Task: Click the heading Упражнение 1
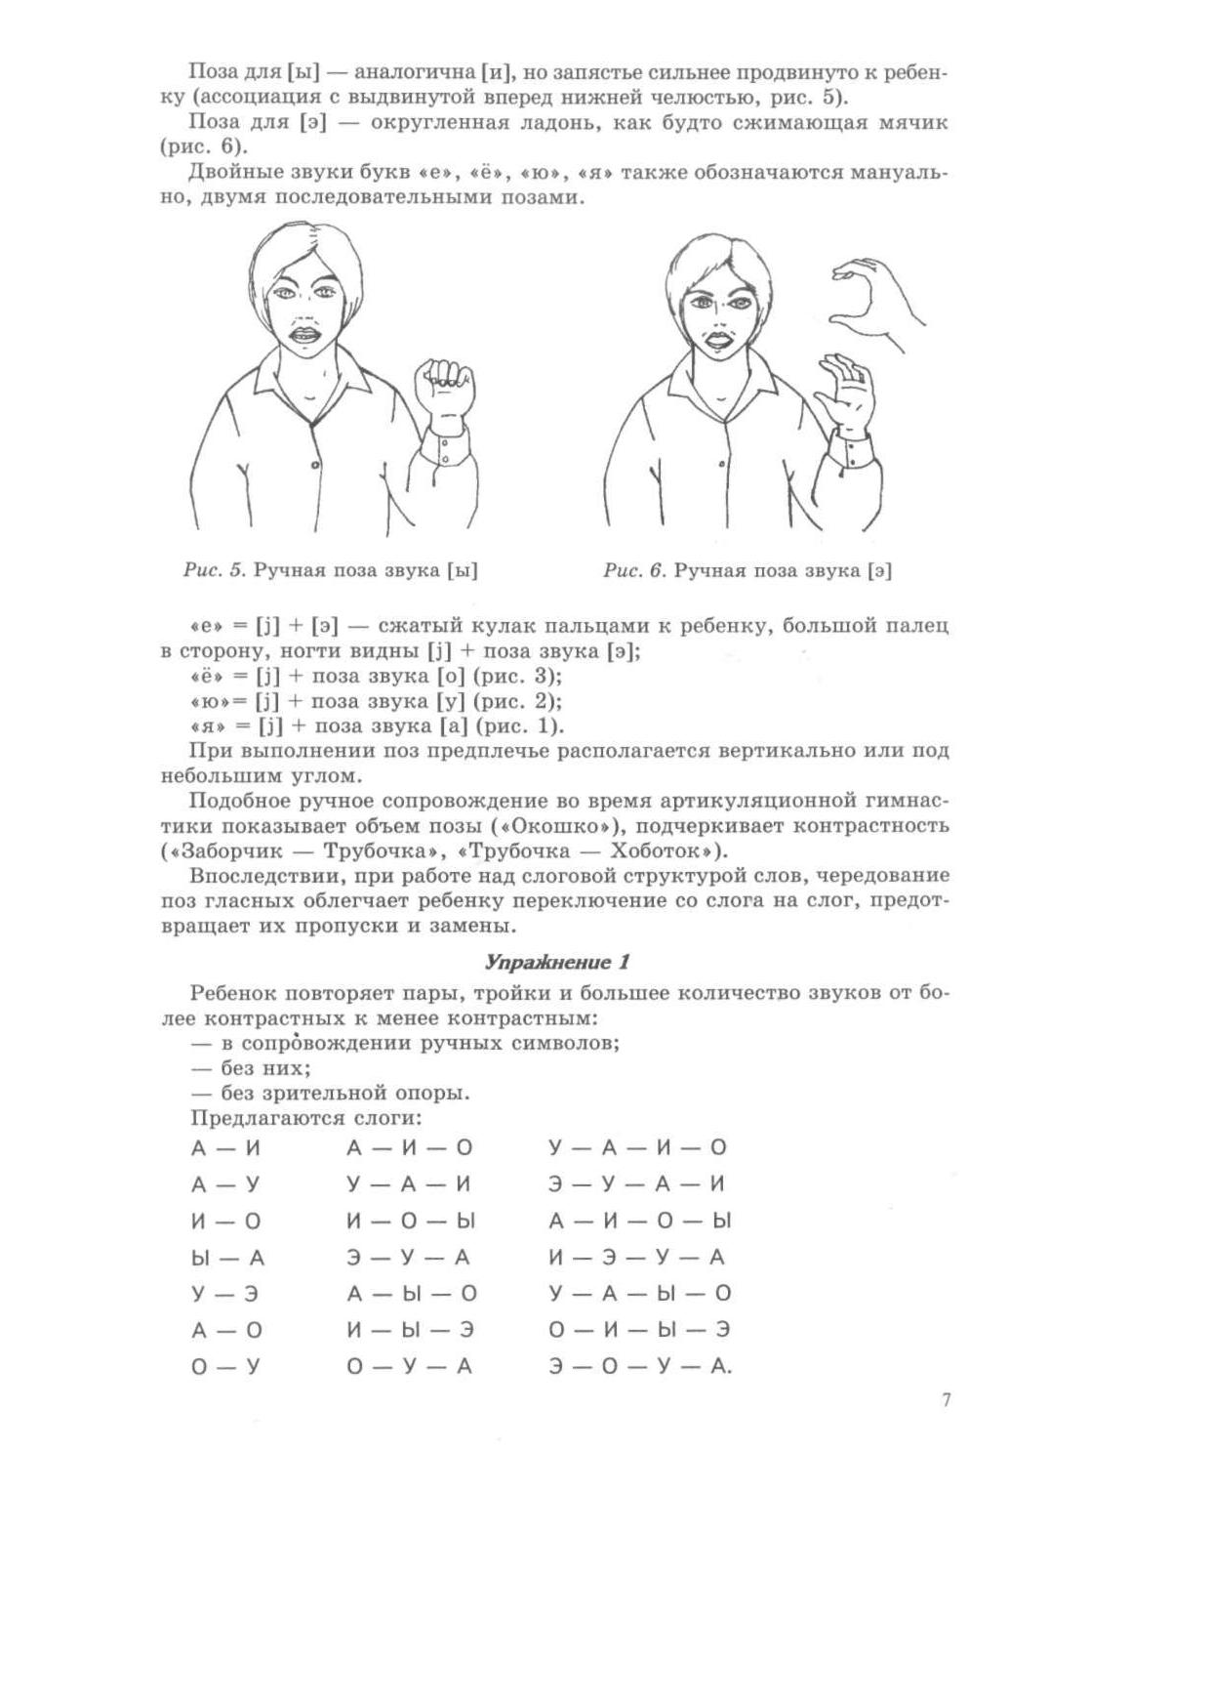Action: coord(557,962)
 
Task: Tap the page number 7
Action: coord(946,1400)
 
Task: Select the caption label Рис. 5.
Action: coord(216,570)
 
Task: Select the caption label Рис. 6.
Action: coord(634,570)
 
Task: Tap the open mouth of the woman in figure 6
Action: coord(715,344)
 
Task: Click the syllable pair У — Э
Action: coord(225,1294)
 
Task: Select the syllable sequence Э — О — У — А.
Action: coord(639,1367)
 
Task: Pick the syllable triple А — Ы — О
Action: coord(412,1294)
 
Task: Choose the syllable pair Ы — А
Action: coord(227,1258)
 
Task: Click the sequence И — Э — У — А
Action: coord(637,1258)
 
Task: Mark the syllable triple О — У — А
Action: coord(409,1367)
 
